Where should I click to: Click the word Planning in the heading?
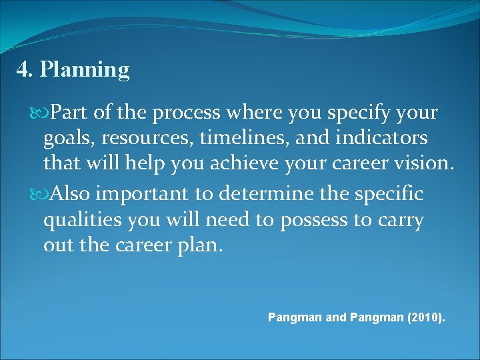pos(85,69)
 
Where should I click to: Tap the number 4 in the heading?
pos(23,69)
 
